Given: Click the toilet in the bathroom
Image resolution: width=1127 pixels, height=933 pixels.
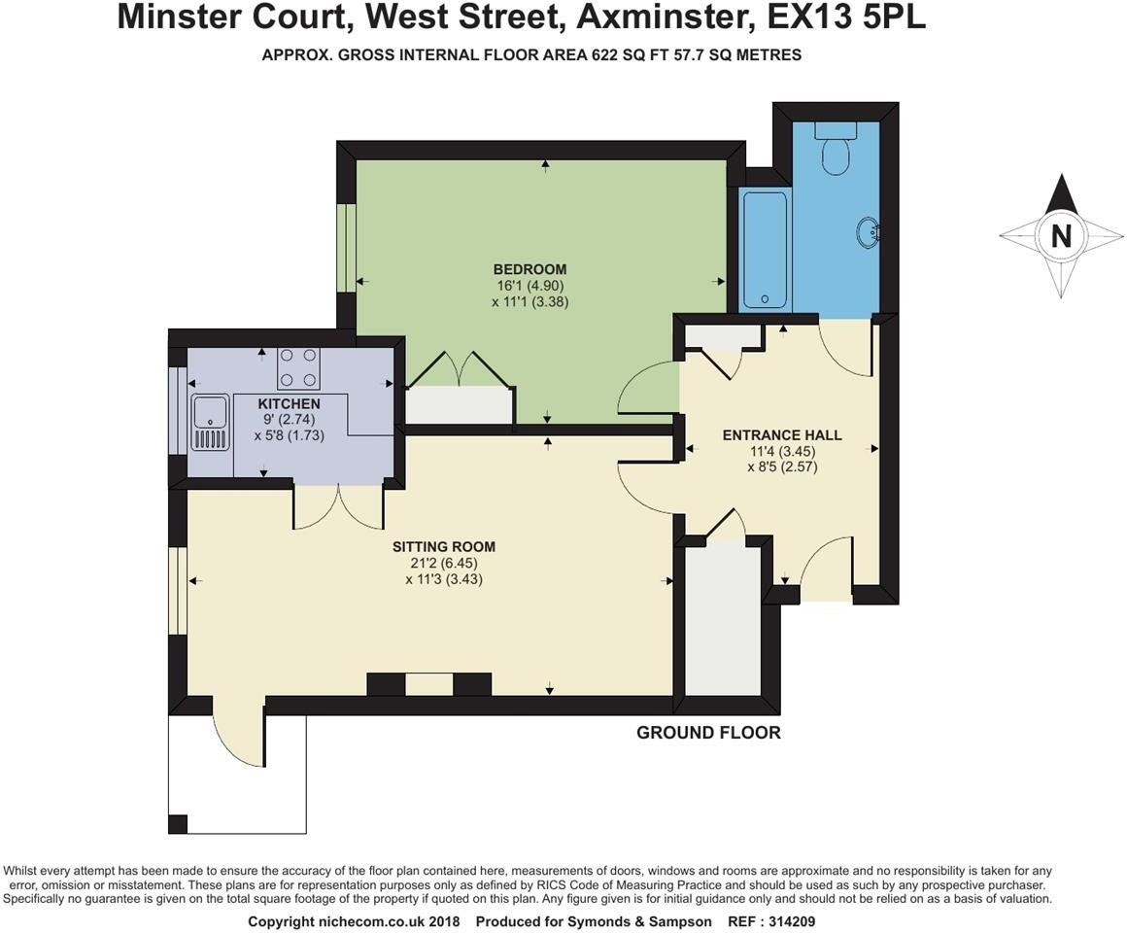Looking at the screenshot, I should point(835,150).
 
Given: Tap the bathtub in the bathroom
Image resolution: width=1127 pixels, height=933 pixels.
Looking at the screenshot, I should point(764,250).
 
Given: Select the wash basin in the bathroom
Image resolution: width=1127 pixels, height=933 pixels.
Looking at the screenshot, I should point(868,231).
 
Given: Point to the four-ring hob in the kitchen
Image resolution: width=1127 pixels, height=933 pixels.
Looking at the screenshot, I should point(298,368).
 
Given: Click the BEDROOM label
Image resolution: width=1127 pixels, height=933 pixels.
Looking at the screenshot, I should point(529,269).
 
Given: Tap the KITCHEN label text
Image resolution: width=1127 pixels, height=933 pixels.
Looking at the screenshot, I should point(289,403).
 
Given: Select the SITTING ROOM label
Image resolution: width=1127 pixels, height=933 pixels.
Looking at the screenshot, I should point(444,547).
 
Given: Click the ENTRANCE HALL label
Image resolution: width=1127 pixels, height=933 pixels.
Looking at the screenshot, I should point(782,435).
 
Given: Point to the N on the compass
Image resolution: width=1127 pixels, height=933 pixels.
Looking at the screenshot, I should point(1061,236).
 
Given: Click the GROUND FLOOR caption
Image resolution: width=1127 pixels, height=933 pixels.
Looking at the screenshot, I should point(708,733).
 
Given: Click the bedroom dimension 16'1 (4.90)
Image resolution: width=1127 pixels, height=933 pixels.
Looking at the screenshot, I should point(529,286).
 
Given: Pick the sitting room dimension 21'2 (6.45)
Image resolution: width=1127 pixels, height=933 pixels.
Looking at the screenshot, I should point(444,563).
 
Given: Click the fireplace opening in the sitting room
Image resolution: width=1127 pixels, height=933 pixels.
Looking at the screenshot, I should point(428,685).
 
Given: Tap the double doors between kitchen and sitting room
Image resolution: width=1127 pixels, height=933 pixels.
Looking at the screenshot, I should point(339,505).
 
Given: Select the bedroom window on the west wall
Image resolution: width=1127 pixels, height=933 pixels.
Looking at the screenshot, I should point(346,248).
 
